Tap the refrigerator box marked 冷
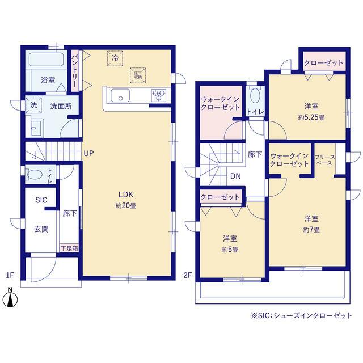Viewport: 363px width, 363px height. (115, 58)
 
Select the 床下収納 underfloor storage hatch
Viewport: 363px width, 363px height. (138, 75)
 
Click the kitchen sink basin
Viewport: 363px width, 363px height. (120, 95)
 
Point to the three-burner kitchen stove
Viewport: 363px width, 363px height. (159, 95)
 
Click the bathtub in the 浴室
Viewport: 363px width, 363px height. (47, 59)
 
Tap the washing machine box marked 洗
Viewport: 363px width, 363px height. (33, 105)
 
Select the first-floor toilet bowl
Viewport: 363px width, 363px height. (35, 174)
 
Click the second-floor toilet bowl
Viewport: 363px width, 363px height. (255, 95)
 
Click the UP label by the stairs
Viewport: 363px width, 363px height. (88, 153)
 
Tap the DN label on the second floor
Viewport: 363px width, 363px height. (235, 176)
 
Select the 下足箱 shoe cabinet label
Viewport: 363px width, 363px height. (69, 248)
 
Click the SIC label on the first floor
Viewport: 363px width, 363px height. (41, 200)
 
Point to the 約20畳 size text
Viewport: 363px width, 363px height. (126, 205)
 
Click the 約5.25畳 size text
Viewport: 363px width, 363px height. (311, 117)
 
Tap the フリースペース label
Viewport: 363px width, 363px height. (324, 160)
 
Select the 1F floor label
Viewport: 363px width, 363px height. (10, 275)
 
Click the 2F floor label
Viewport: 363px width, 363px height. (188, 275)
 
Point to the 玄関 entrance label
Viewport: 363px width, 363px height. (41, 229)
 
